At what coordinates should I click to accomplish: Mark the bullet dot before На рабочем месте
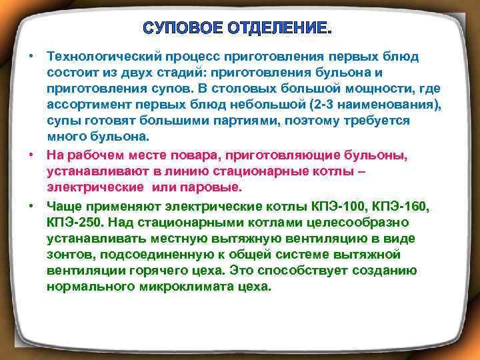(32, 155)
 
